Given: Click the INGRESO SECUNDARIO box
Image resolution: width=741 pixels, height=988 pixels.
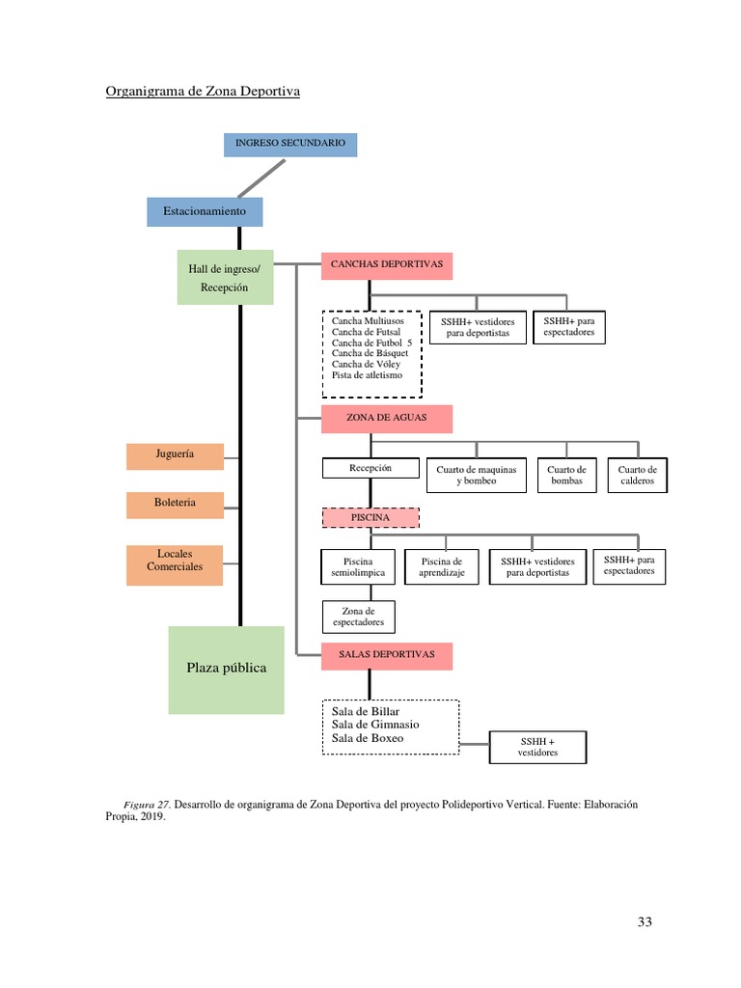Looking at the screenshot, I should (x=290, y=144).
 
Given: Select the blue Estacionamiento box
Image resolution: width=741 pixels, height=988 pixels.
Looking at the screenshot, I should (x=205, y=211).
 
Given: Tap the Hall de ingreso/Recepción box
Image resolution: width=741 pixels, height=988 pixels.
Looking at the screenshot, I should (x=225, y=277).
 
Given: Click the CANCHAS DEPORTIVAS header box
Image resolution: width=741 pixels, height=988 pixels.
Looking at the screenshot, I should (x=386, y=263).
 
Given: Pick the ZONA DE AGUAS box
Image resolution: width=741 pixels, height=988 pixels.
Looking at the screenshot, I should (x=386, y=418).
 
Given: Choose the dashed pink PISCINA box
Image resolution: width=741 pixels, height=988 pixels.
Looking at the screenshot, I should (x=370, y=518).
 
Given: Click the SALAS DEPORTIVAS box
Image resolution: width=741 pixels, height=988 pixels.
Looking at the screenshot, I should (x=386, y=655).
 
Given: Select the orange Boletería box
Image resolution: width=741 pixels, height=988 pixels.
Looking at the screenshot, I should (x=175, y=503).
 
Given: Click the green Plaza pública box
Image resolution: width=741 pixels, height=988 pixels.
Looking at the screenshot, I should (x=227, y=669).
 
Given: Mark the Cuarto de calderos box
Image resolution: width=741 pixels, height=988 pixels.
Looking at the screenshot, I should (x=637, y=475).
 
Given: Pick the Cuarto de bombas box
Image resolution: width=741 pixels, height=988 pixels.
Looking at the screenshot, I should (x=566, y=475).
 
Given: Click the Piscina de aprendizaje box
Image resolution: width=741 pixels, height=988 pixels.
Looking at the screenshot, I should (x=442, y=567).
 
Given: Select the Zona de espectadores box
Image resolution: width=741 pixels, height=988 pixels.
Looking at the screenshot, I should (x=357, y=617).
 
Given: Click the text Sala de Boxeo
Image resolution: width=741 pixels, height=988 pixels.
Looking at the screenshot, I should (x=368, y=737).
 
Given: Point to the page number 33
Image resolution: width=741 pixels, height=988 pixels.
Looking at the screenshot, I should (x=645, y=921).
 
